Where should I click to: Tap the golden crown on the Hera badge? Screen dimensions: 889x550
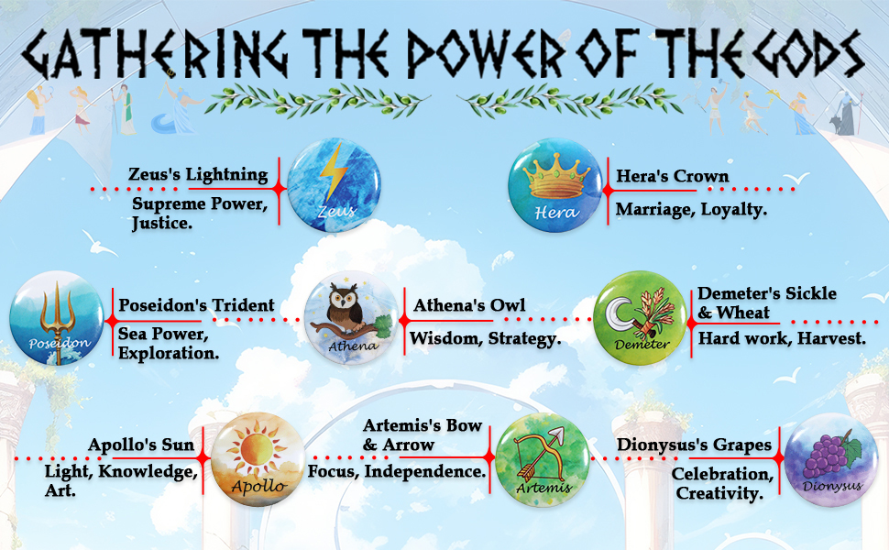(555, 176)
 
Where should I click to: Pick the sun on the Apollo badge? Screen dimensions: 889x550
(257, 450)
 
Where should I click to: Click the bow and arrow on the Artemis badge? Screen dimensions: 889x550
(539, 454)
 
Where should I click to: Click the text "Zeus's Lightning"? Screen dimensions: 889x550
(198, 175)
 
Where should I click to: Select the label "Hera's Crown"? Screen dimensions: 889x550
(673, 176)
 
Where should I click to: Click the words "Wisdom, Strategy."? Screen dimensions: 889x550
(486, 338)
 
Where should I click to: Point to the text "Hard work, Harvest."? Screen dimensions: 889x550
(782, 338)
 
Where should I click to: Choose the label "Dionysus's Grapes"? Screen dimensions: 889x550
(694, 445)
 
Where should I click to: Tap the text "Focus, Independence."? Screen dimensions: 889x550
(397, 471)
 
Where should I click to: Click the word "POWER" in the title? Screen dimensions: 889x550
(487, 53)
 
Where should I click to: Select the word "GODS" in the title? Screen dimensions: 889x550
(805, 53)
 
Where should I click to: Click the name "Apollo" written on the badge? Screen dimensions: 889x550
(258, 487)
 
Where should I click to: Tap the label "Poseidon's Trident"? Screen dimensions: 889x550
(196, 305)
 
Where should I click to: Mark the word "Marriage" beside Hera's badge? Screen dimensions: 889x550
(655, 210)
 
